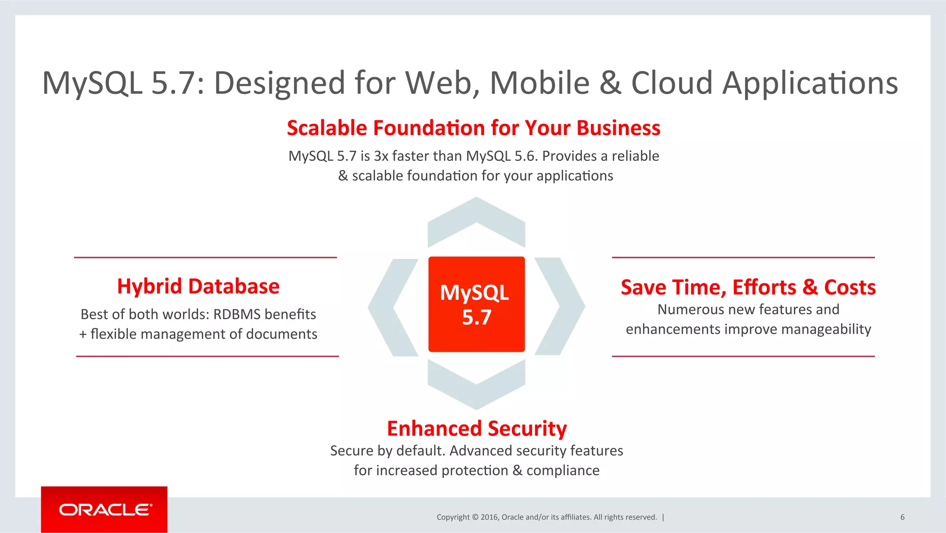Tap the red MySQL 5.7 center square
pyautogui.click(x=476, y=304)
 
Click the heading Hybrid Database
pyautogui.click(x=198, y=286)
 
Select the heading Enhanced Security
pyautogui.click(x=477, y=429)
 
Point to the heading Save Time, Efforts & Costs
pyautogui.click(x=748, y=287)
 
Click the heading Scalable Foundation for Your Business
pyautogui.click(x=473, y=128)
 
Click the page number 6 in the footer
pyautogui.click(x=902, y=517)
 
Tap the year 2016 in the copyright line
pyautogui.click(x=490, y=517)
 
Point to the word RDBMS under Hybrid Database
pyautogui.click(x=237, y=314)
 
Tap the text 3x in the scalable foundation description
pyautogui.click(x=381, y=156)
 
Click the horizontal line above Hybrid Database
pyautogui.click(x=205, y=257)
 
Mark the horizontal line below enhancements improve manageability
pyautogui.click(x=743, y=356)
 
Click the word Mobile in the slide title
pyautogui.click(x=540, y=83)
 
